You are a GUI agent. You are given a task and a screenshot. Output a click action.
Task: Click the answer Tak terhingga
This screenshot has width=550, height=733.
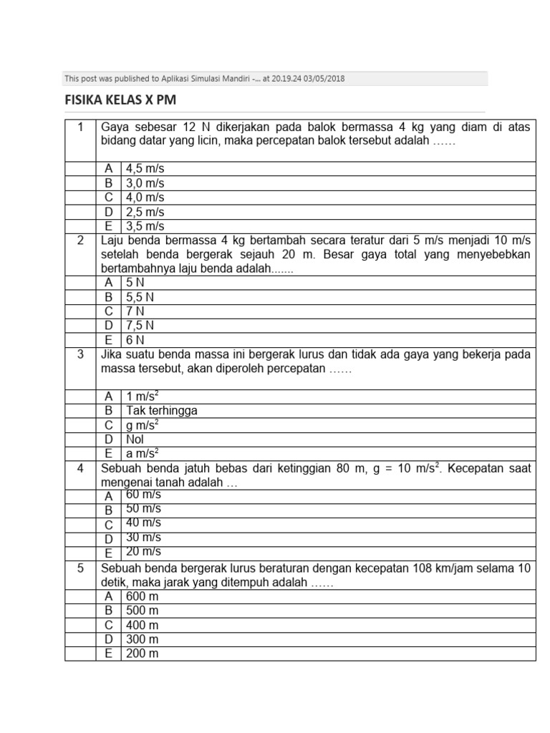point(162,411)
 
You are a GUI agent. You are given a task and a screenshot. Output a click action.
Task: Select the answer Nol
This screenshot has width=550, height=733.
point(135,439)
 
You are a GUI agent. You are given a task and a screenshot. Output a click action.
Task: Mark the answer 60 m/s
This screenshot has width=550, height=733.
point(143,495)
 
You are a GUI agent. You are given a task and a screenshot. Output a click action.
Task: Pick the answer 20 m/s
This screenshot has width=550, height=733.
point(143,552)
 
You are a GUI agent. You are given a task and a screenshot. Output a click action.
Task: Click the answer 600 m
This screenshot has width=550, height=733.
point(143,596)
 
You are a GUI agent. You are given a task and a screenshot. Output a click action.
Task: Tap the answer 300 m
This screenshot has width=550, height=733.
point(143,639)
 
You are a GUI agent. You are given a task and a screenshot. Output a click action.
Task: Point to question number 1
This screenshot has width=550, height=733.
point(81,127)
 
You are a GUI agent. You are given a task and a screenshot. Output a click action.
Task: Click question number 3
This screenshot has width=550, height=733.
point(81,354)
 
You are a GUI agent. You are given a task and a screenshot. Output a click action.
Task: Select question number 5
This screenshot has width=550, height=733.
point(81,568)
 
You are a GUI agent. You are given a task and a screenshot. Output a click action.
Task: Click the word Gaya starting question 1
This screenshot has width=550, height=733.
point(114,127)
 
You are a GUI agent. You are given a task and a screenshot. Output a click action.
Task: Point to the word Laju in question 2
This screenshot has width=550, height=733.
point(113,241)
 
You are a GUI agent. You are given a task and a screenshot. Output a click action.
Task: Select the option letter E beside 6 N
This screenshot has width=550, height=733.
point(109,340)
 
